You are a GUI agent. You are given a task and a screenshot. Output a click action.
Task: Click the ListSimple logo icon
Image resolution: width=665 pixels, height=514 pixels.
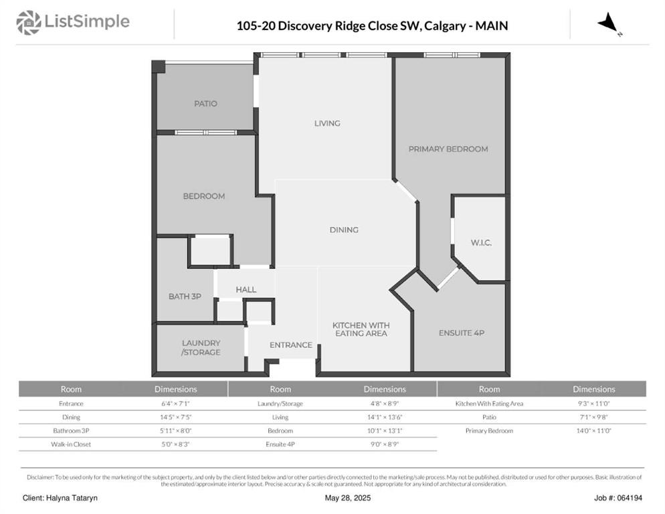pos(28,23)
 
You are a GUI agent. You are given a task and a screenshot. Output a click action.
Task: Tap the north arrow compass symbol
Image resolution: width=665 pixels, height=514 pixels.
pos(609,23)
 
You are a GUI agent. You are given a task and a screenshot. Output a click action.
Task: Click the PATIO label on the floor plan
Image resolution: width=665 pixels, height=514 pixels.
pos(205,104)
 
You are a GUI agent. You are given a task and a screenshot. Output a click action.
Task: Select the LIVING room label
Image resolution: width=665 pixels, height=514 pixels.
pos(327,123)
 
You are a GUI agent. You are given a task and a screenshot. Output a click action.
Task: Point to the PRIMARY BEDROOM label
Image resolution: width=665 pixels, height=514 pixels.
pos(448,149)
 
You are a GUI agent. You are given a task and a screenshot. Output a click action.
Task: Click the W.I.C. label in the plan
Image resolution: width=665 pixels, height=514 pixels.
pos(481,243)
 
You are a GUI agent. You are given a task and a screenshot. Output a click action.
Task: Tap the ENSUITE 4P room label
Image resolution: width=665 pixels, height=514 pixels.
pos(462,333)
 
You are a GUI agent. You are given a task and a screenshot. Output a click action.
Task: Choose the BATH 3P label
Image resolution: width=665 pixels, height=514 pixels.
pos(185,296)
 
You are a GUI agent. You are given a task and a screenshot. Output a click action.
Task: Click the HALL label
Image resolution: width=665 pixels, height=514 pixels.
pos(246,290)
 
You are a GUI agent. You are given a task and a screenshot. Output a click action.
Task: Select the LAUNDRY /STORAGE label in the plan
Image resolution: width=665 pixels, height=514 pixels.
pos(201,347)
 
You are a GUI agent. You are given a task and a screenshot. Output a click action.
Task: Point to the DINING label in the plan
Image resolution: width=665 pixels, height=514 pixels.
pos(344,230)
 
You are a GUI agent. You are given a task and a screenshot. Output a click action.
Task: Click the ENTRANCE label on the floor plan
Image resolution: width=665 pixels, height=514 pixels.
pos(291,345)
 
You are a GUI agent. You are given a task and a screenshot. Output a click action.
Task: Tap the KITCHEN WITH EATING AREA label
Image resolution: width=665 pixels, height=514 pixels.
pos(361,329)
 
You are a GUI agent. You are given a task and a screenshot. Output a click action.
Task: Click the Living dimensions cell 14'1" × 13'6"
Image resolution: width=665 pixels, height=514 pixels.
pos(385,417)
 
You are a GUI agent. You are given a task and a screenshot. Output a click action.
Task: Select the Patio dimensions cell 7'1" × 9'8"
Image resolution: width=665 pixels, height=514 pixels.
pos(594,417)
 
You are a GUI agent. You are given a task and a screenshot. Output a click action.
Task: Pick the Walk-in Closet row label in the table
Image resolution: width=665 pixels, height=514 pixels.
pos(71,444)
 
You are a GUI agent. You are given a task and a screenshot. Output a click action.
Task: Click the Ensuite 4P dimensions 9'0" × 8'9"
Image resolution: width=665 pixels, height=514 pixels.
pos(385,444)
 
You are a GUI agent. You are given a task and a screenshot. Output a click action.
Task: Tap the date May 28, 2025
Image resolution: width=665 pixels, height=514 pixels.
pos(348,498)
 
